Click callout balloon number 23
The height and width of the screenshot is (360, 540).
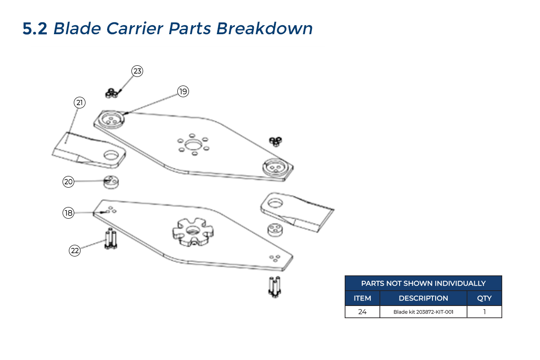pyautogui.click(x=137, y=71)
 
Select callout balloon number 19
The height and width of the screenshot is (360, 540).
pyautogui.click(x=183, y=91)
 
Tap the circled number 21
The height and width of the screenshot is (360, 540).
pyautogui.click(x=80, y=103)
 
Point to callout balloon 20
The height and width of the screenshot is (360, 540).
pyautogui.click(x=68, y=182)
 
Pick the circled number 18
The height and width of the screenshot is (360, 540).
pyautogui.click(x=68, y=213)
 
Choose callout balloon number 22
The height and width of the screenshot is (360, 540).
pyautogui.click(x=75, y=251)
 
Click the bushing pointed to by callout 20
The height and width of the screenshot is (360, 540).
pyautogui.click(x=111, y=182)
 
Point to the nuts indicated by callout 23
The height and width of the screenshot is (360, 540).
pyautogui.click(x=111, y=93)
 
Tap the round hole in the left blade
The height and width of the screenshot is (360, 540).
pyautogui.click(x=111, y=156)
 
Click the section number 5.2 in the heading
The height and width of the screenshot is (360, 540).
pyautogui.click(x=35, y=29)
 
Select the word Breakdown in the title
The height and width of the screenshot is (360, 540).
pyautogui.click(x=265, y=29)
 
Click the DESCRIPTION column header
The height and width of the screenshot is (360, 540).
pyautogui.click(x=423, y=298)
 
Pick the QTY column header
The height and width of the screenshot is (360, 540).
pyautogui.click(x=484, y=298)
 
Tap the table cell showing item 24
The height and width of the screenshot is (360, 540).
pyautogui.click(x=362, y=311)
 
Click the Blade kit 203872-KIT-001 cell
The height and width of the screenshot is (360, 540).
pyautogui.click(x=423, y=311)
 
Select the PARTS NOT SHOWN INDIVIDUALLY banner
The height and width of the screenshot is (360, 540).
pyautogui.click(x=423, y=283)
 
